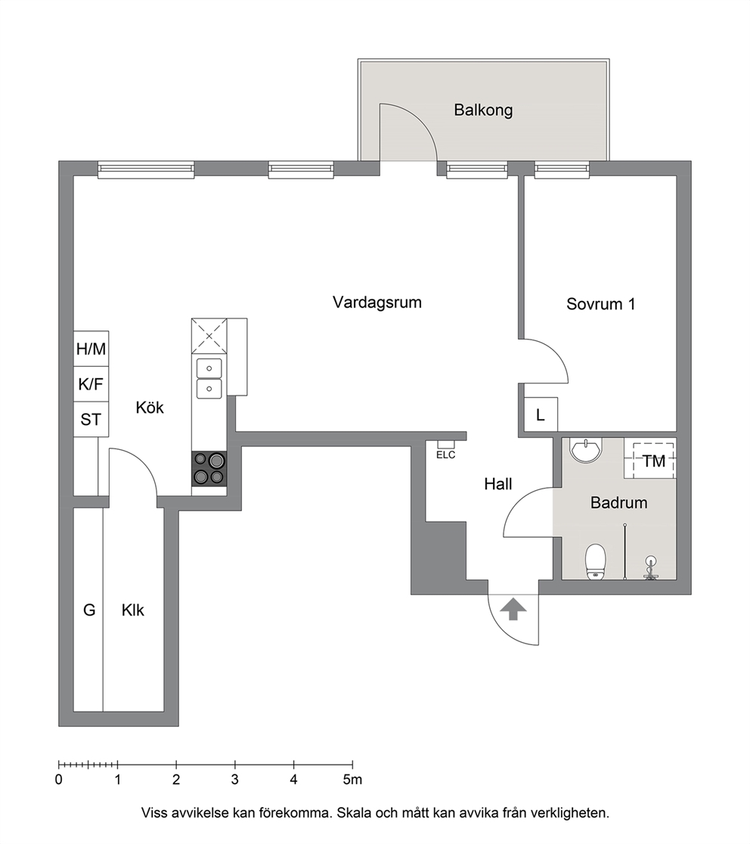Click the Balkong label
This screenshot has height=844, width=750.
[483, 110]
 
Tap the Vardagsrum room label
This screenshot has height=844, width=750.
[377, 303]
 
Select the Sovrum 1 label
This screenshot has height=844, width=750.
[600, 304]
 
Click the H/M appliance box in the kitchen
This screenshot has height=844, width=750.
[91, 349]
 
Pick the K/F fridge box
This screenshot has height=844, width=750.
[91, 384]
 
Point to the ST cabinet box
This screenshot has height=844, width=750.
[91, 419]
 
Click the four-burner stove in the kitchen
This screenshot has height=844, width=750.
[209, 469]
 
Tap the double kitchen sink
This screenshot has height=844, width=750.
[209, 378]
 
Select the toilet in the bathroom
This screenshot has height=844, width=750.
[596, 561]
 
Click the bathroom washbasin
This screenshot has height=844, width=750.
[587, 450]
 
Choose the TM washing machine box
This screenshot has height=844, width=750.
[654, 461]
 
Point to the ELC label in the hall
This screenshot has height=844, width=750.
[445, 455]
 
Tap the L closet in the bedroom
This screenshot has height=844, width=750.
[541, 414]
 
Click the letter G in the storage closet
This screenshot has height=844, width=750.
[89, 610]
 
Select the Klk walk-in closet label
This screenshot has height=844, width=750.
[133, 610]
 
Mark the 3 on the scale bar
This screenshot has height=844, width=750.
[235, 780]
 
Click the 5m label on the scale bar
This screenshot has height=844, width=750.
[353, 780]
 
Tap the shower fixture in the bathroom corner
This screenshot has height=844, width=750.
[652, 569]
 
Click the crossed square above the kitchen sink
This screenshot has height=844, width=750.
[209, 336]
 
